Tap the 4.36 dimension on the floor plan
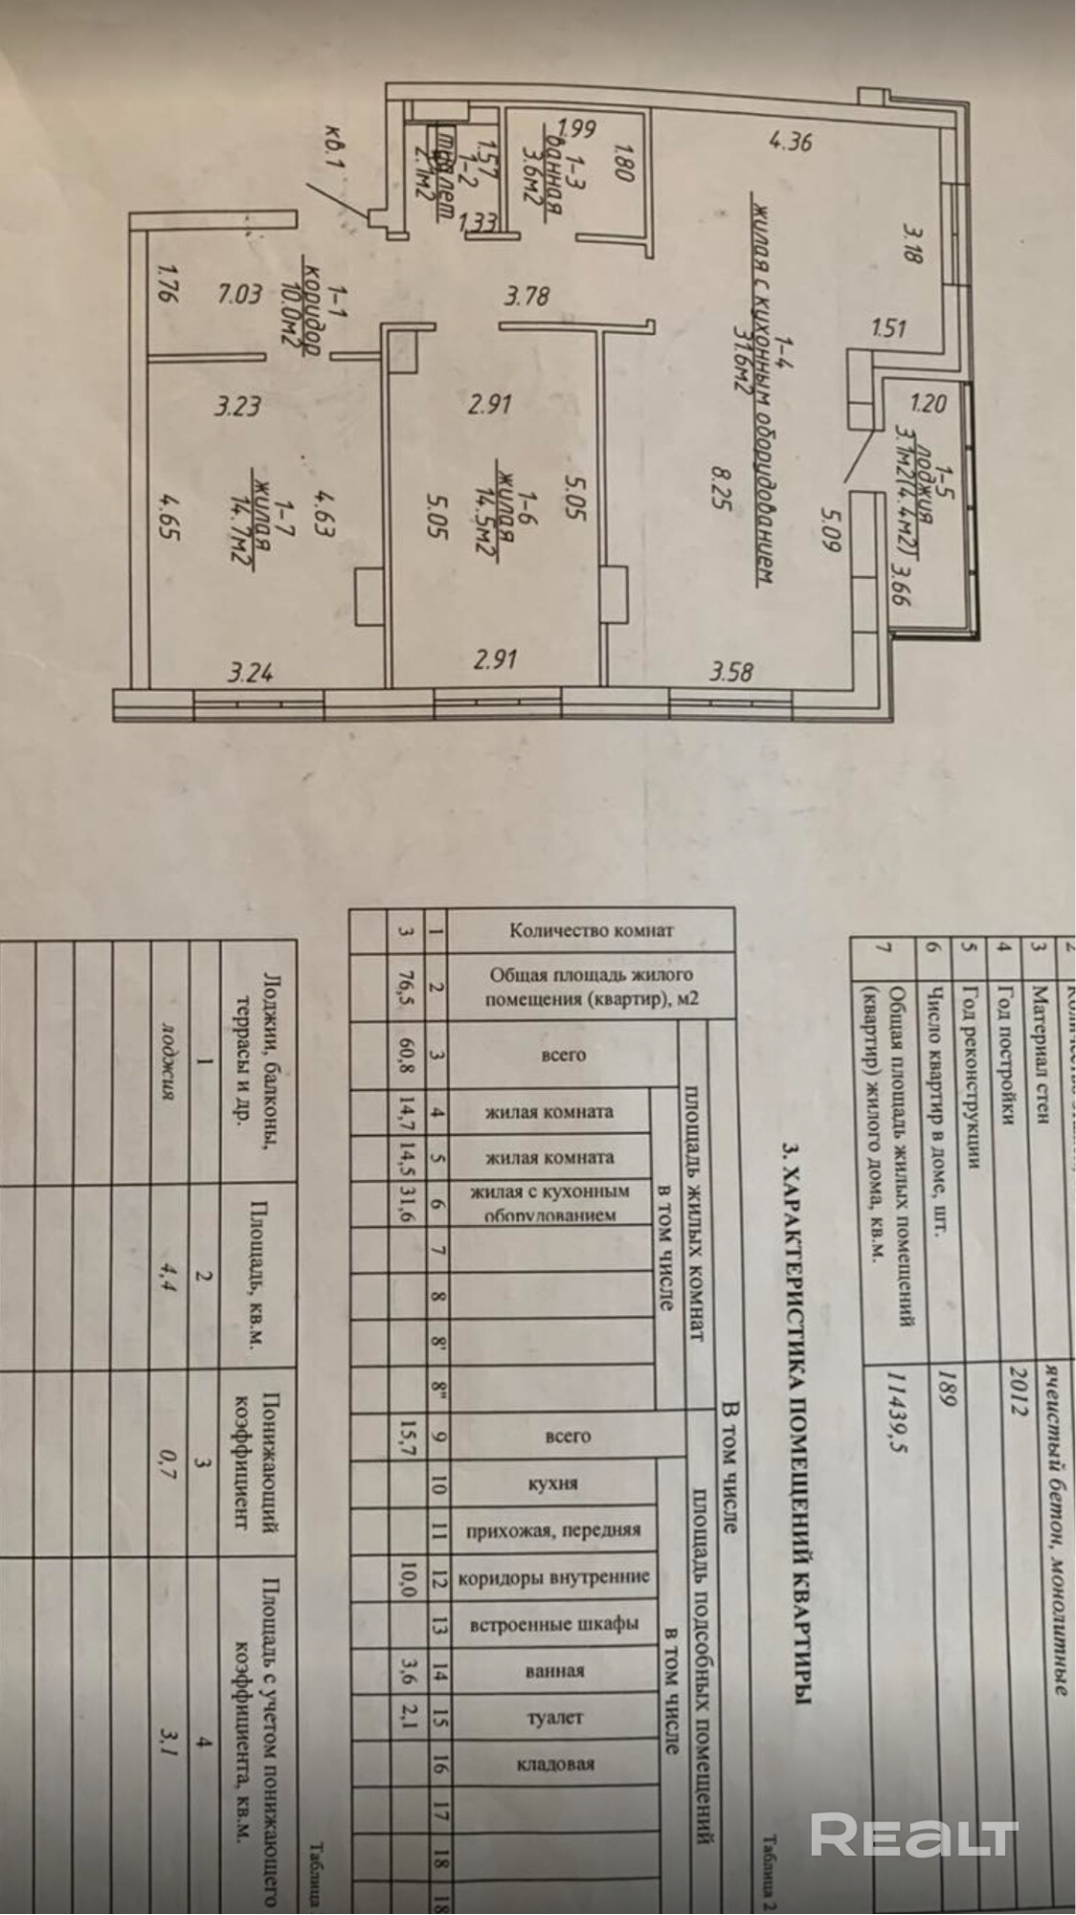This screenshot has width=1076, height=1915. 792,144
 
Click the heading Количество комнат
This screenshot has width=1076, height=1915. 593,928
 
